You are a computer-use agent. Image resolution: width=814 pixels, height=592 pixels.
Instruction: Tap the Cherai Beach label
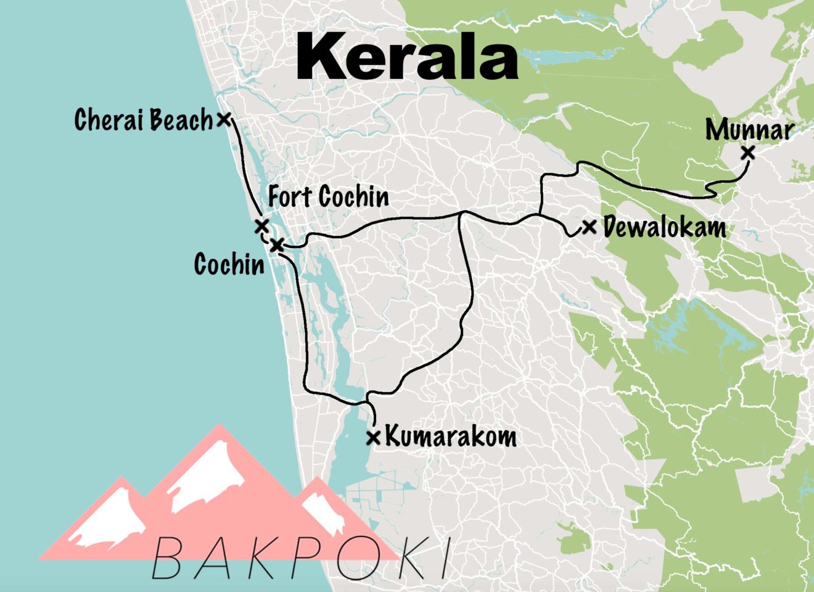tap(143, 120)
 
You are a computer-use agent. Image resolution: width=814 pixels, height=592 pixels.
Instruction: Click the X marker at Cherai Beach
tap(224, 119)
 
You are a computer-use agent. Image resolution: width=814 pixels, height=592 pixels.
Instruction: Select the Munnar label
tap(749, 130)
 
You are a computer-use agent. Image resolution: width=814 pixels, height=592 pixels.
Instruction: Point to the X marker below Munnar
tap(748, 152)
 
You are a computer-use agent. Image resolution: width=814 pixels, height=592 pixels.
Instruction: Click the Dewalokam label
tap(664, 227)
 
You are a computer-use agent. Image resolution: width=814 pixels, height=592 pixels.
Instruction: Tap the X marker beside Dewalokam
tap(590, 227)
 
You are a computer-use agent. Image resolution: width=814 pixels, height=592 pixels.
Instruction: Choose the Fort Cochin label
tap(329, 198)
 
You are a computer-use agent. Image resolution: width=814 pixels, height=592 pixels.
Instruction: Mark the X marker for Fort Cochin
tap(261, 226)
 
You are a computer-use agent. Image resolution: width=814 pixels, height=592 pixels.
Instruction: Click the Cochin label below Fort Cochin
tap(229, 264)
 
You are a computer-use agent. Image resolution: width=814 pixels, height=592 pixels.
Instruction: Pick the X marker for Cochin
tap(277, 245)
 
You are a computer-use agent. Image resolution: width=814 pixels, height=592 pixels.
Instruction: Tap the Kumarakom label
tap(451, 436)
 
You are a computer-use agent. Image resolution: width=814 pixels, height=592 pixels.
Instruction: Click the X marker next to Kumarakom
tap(373, 438)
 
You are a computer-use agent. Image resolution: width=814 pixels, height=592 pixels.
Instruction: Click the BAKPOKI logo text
tap(301, 557)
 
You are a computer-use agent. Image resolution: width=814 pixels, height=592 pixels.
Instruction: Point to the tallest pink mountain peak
tap(220, 427)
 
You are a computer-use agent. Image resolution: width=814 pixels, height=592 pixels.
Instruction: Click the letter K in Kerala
tap(323, 57)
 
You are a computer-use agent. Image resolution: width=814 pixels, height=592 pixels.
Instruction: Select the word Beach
tap(182, 120)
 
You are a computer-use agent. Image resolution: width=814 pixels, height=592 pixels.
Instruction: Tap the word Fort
tap(290, 198)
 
